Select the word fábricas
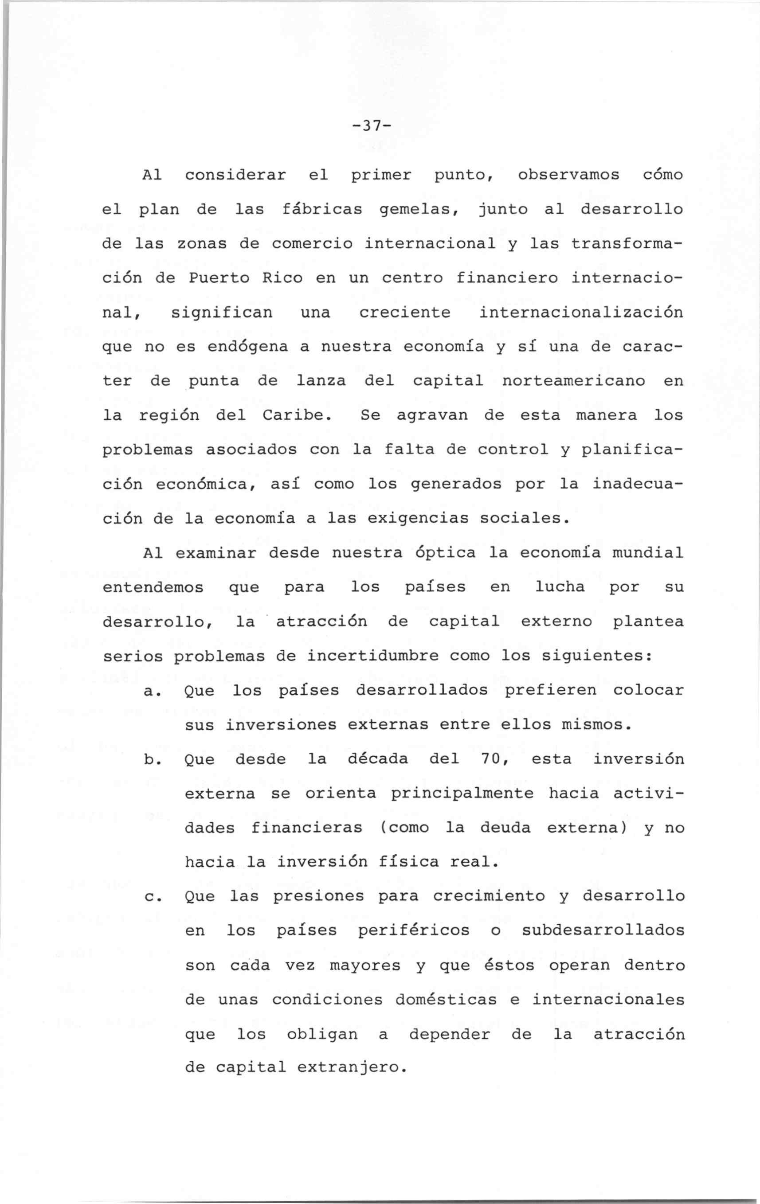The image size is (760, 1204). [322, 209]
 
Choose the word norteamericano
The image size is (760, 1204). [572, 381]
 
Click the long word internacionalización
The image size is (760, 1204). [580, 313]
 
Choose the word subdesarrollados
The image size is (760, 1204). [603, 930]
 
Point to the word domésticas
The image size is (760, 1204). [446, 1000]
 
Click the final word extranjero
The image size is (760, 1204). [350, 1068]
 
